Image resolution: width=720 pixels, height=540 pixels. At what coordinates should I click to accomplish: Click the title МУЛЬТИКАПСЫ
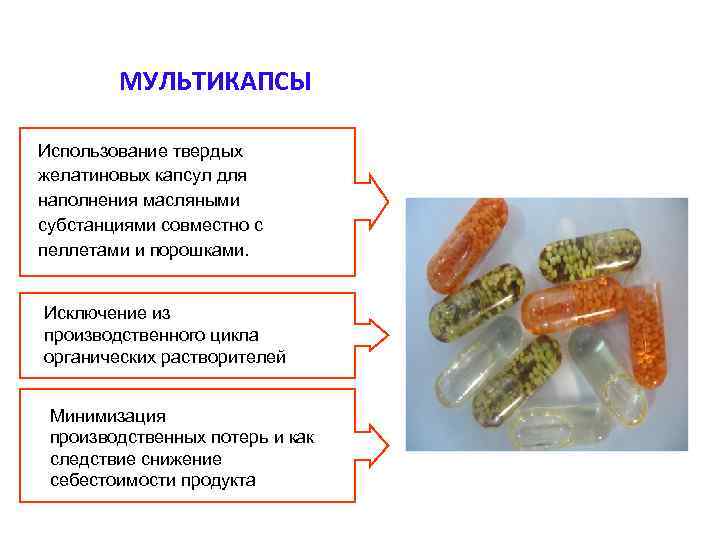(x=215, y=81)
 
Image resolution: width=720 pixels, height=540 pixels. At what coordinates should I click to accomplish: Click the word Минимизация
(x=108, y=415)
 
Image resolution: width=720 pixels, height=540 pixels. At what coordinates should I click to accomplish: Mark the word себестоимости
(x=112, y=480)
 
